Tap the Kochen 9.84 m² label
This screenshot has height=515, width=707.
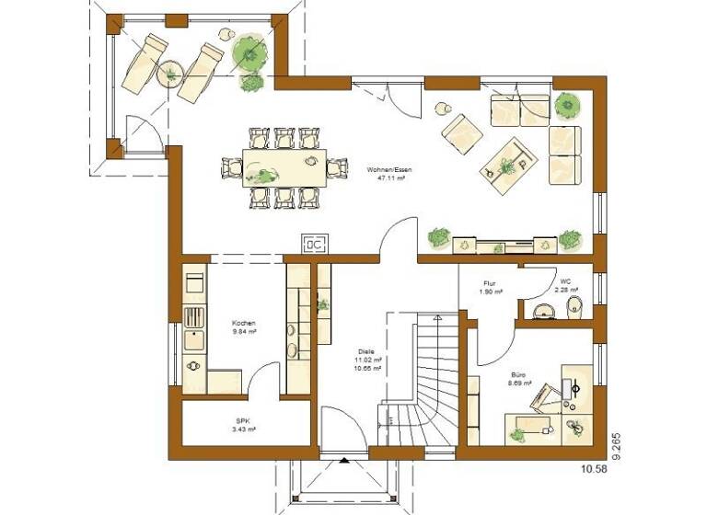click(243, 327)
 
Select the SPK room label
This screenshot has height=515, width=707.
click(244, 424)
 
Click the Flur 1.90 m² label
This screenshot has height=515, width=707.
click(491, 287)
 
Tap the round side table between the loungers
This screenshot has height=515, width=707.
click(170, 73)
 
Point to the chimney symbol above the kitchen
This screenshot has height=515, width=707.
click(313, 245)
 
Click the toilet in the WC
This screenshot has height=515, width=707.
click(572, 306)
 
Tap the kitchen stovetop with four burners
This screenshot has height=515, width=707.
click(194, 317)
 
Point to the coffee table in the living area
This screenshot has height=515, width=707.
click(507, 164)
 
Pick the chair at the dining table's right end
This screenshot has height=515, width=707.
click(337, 166)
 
